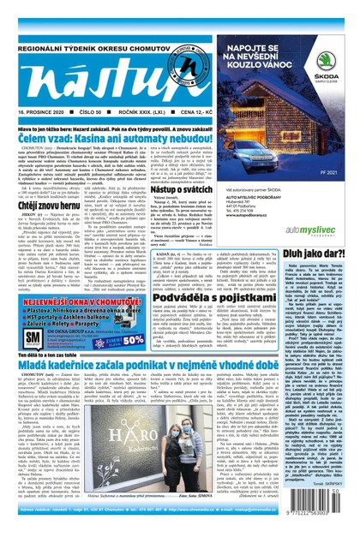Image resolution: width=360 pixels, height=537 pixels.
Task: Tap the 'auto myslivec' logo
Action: click(316, 231)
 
